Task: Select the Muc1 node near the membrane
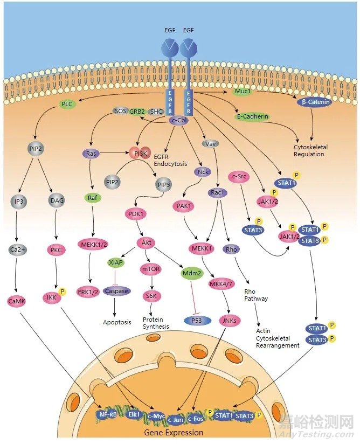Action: (243, 92)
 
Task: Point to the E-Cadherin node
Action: (253, 116)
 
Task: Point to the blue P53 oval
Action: (197, 320)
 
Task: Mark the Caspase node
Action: (116, 291)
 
